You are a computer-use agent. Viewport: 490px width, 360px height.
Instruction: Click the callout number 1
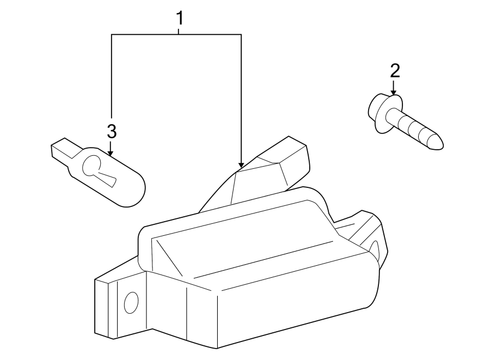pyautogui.click(x=179, y=18)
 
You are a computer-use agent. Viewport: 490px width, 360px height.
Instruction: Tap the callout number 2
pyautogui.click(x=394, y=70)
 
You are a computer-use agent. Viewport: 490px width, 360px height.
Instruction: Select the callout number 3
pyautogui.click(x=111, y=131)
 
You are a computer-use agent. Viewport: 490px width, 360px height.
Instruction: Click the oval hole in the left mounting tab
pyautogui.click(x=131, y=303)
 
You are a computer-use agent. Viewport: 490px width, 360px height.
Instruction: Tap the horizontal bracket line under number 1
pyautogui.click(x=176, y=35)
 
